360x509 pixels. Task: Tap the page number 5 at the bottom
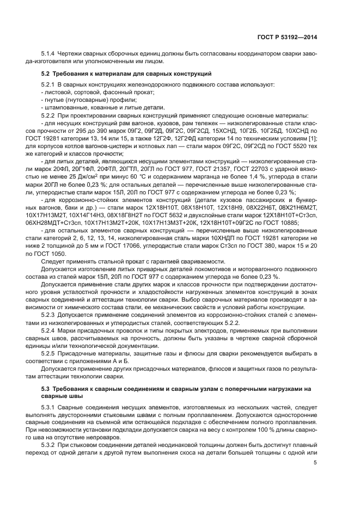(x=315, y=463)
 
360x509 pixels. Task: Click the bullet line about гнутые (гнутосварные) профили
(x=82, y=100)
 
